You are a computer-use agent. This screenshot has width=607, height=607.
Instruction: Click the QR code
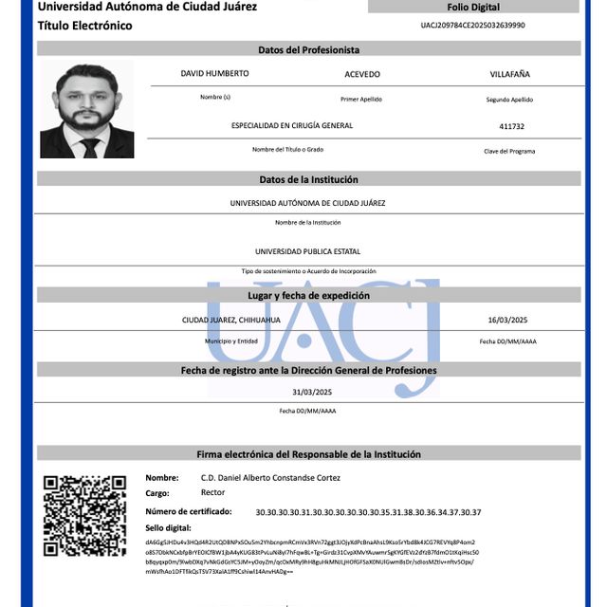pyautogui.click(x=84, y=515)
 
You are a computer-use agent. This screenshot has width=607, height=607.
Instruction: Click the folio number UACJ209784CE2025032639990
pyautogui.click(x=472, y=26)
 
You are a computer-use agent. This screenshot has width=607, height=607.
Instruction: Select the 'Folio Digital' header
pyautogui.click(x=473, y=7)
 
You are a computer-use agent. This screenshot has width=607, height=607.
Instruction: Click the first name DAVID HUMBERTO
pyautogui.click(x=214, y=74)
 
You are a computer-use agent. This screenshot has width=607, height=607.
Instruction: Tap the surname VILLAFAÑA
pyautogui.click(x=510, y=74)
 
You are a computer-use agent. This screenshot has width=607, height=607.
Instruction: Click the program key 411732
pyautogui.click(x=511, y=126)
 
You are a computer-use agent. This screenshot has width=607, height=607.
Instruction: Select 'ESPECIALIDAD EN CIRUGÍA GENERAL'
pyautogui.click(x=292, y=125)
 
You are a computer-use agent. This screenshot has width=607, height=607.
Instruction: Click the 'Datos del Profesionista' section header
pyautogui.click(x=309, y=49)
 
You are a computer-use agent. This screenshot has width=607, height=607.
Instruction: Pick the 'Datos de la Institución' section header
pyautogui.click(x=309, y=179)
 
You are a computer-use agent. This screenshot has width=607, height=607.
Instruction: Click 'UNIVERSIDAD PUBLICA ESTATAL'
pyautogui.click(x=307, y=251)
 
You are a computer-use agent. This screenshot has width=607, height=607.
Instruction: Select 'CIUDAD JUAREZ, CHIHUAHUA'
pyautogui.click(x=230, y=321)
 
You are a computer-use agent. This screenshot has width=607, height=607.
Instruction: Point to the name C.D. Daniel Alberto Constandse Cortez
pyautogui.click(x=270, y=478)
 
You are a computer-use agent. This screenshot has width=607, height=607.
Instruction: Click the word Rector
pyautogui.click(x=212, y=493)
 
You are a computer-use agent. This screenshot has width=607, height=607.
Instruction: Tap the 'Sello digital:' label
pyautogui.click(x=168, y=526)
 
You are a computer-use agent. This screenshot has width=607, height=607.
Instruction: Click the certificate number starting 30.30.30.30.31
pyautogui.click(x=368, y=512)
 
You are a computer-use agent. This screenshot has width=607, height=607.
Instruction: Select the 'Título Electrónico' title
pyautogui.click(x=85, y=26)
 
